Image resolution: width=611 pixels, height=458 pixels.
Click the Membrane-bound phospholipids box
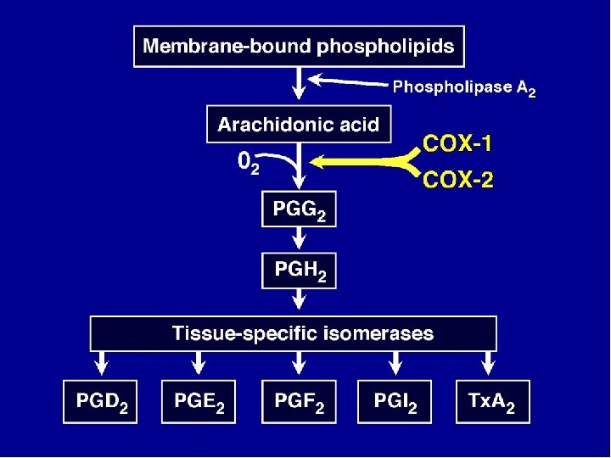click(300, 46)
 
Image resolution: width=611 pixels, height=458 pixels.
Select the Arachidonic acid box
click(298, 125)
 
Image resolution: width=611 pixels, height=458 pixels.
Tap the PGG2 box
click(299, 209)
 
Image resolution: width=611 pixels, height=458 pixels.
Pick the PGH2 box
click(299, 271)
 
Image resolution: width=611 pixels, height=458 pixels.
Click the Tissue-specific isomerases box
click(294, 333)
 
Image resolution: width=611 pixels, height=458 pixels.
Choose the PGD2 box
click(100, 402)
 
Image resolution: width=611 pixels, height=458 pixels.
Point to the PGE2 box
click(199, 402)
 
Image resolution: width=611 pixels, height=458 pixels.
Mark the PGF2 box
click(299, 402)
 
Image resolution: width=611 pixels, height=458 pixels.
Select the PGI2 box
click(395, 402)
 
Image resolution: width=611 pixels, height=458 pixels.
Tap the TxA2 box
click(491, 402)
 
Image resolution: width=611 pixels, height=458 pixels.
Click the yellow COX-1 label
click(457, 143)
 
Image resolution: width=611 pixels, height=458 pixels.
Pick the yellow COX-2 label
click(457, 180)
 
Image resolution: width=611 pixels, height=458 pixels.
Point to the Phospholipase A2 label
click(463, 87)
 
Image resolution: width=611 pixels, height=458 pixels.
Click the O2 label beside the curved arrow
click(248, 161)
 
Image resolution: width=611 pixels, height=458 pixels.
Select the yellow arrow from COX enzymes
click(365, 160)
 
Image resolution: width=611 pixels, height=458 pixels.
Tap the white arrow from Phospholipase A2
click(348, 81)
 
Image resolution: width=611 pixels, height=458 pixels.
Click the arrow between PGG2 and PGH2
click(299, 240)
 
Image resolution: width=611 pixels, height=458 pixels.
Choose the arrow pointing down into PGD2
click(100, 364)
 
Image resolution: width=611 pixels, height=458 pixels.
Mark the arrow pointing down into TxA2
click(490, 364)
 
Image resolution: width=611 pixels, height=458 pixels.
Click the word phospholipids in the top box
click(385, 46)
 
